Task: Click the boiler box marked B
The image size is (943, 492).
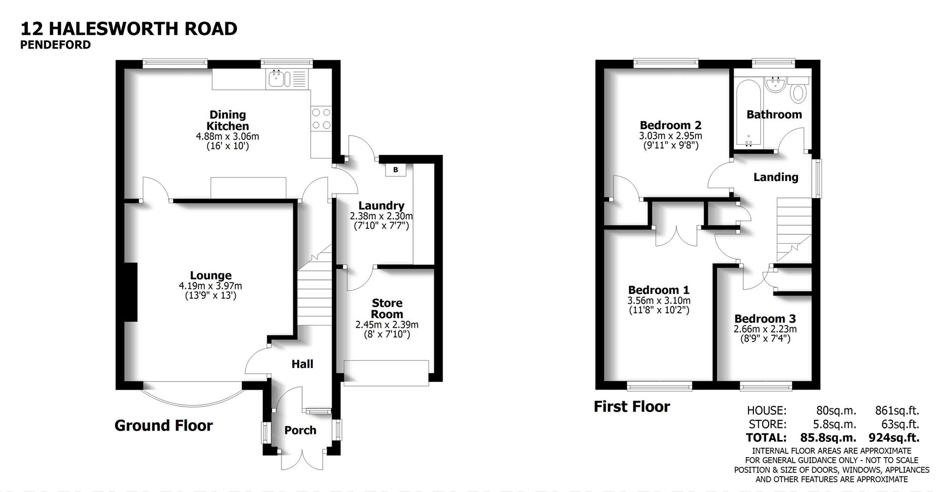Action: click(395, 170)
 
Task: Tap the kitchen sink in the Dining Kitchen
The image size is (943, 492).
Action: click(277, 79)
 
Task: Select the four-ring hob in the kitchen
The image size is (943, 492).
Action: click(321, 119)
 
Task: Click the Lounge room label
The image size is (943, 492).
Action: click(211, 275)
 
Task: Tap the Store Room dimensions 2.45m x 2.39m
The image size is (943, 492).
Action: click(387, 325)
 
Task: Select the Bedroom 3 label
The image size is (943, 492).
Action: click(765, 318)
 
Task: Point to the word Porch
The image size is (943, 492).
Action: click(300, 430)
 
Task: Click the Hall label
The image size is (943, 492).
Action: click(302, 364)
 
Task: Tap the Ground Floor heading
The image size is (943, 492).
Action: click(164, 425)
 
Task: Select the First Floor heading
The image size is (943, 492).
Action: click(632, 407)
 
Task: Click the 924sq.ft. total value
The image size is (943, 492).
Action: click(894, 437)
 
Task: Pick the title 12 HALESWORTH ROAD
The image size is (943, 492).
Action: click(129, 28)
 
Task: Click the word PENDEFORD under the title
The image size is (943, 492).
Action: click(55, 45)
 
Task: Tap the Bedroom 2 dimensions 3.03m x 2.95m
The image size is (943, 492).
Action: click(670, 136)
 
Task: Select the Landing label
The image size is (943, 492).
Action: click(776, 177)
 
